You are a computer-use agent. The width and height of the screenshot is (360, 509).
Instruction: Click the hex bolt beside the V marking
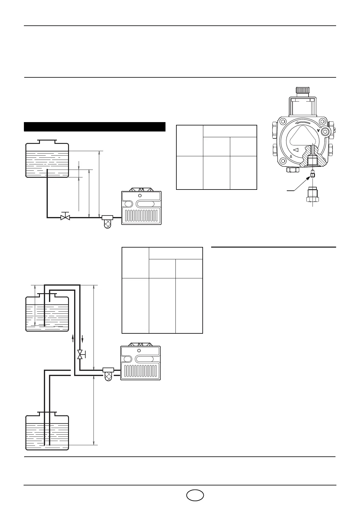pos(325,131)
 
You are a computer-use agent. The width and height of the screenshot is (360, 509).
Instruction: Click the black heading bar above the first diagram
pos(95,127)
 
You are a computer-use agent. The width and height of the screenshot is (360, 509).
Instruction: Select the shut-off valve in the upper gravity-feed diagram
pos(65,217)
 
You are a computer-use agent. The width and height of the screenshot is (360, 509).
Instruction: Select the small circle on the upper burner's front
pos(140,196)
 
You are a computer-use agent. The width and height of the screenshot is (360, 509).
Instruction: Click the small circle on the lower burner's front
pos(139,351)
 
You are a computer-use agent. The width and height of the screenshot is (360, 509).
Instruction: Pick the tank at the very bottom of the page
pos(47,432)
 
